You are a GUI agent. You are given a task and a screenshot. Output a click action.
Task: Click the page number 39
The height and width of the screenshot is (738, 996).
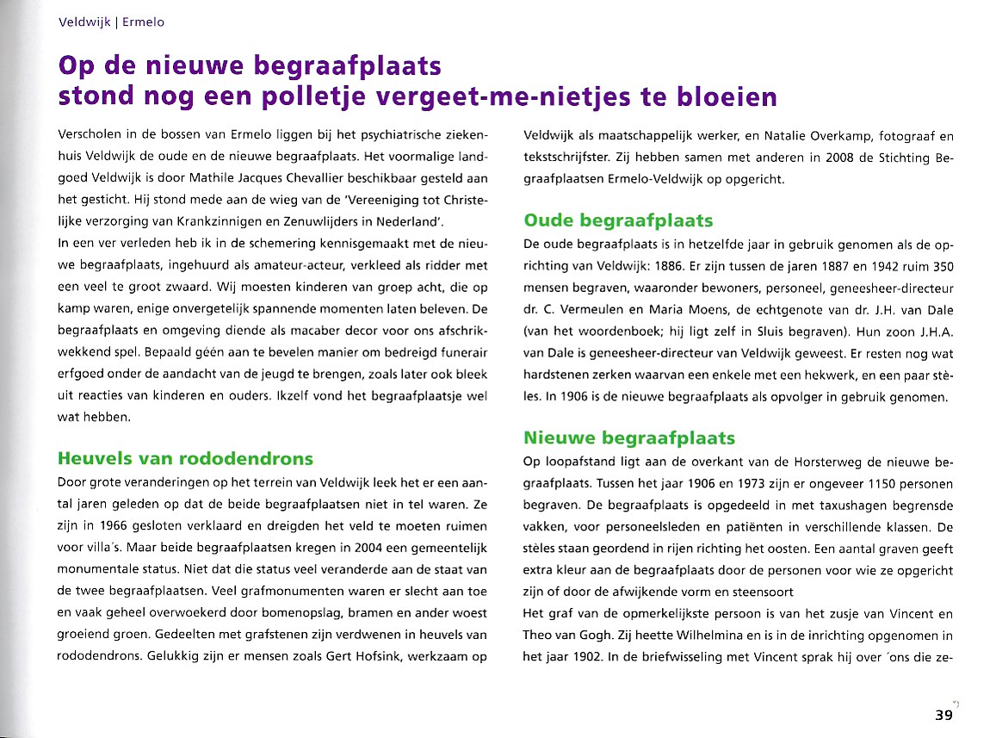[x=943, y=716]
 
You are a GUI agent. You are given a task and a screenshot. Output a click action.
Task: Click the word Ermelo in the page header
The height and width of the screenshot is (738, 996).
[x=143, y=22]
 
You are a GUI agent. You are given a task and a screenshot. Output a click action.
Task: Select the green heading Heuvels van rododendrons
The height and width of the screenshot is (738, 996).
[x=184, y=458]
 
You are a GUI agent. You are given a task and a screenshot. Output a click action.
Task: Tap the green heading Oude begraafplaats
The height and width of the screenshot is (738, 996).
[x=618, y=220]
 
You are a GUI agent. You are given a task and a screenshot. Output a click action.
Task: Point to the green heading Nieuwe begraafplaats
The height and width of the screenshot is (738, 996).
[x=628, y=439]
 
